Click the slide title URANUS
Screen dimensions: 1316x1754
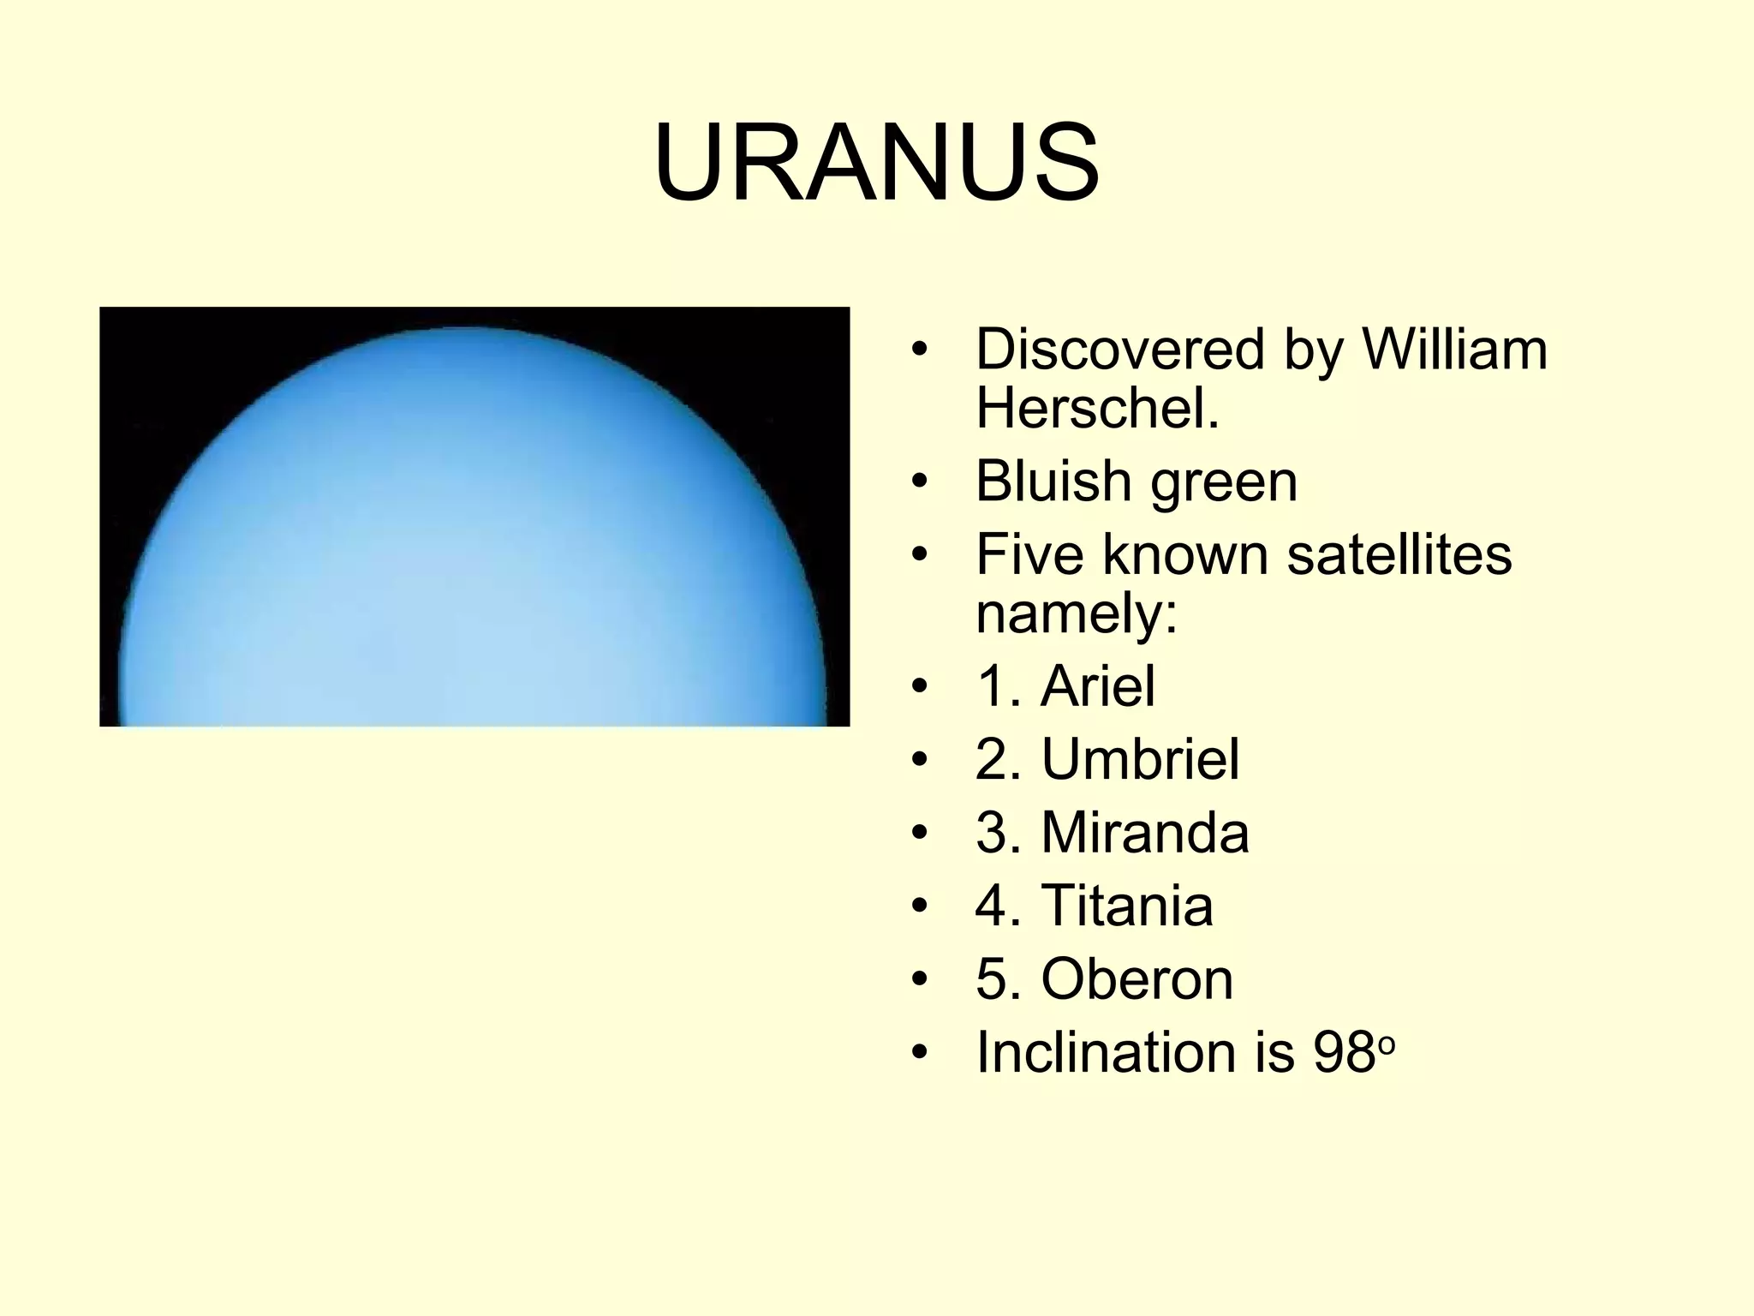(x=876, y=163)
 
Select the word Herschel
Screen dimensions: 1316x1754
(x=1097, y=408)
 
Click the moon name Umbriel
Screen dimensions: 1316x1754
(x=1140, y=759)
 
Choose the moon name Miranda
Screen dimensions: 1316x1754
(x=1145, y=832)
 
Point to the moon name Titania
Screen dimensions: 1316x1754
(x=1127, y=905)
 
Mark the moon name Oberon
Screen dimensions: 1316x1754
(x=1137, y=978)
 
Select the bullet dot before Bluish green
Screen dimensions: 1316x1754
(x=920, y=482)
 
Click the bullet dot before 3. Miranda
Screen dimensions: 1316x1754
(x=920, y=833)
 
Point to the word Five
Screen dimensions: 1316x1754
(x=1031, y=553)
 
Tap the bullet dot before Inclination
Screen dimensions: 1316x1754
(x=920, y=1052)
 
